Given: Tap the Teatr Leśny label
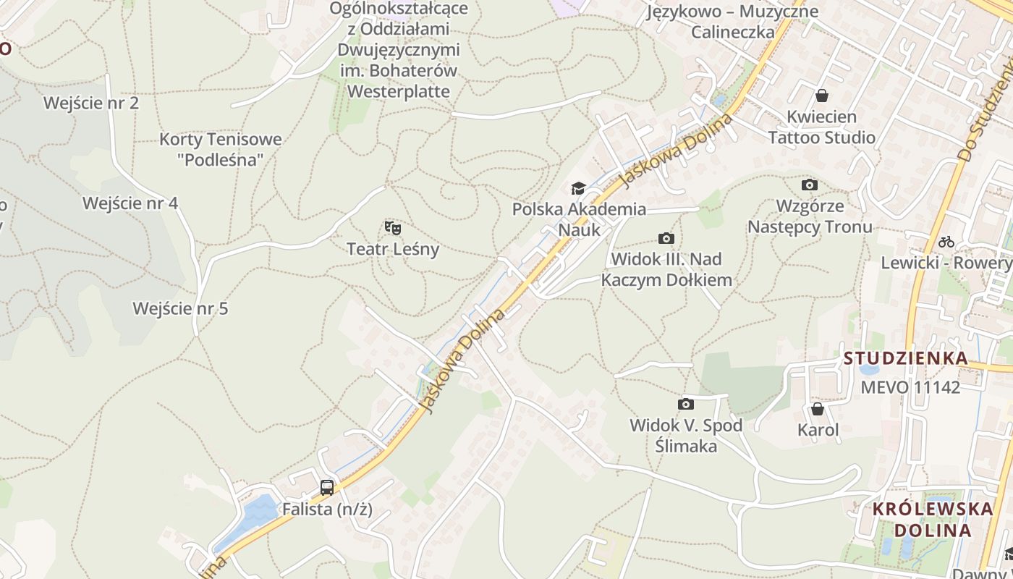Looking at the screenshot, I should tap(393, 249).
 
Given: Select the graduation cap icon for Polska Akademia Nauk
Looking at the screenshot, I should tap(578, 189).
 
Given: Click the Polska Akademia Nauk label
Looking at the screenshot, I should tap(579, 219).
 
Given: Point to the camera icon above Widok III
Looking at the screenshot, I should tap(666, 238).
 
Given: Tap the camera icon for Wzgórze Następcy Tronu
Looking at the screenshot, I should tap(810, 185).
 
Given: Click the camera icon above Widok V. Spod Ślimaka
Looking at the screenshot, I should tap(685, 404).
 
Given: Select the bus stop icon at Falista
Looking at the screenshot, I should tap(327, 487).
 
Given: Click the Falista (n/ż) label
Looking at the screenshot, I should tap(327, 509).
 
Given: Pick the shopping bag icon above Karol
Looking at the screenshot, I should tap(818, 410).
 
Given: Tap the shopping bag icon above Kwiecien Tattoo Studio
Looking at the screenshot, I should tap(822, 96).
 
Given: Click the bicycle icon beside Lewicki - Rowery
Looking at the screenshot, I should tap(946, 242).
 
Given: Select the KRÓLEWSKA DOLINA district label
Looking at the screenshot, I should tap(933, 519).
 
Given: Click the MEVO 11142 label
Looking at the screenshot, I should tap(910, 387).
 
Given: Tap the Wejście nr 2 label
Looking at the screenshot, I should tap(91, 103).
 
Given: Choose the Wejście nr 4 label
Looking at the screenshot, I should tap(130, 203).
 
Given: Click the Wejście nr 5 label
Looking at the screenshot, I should tap(180, 308).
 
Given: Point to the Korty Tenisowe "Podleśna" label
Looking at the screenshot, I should tap(221, 149).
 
